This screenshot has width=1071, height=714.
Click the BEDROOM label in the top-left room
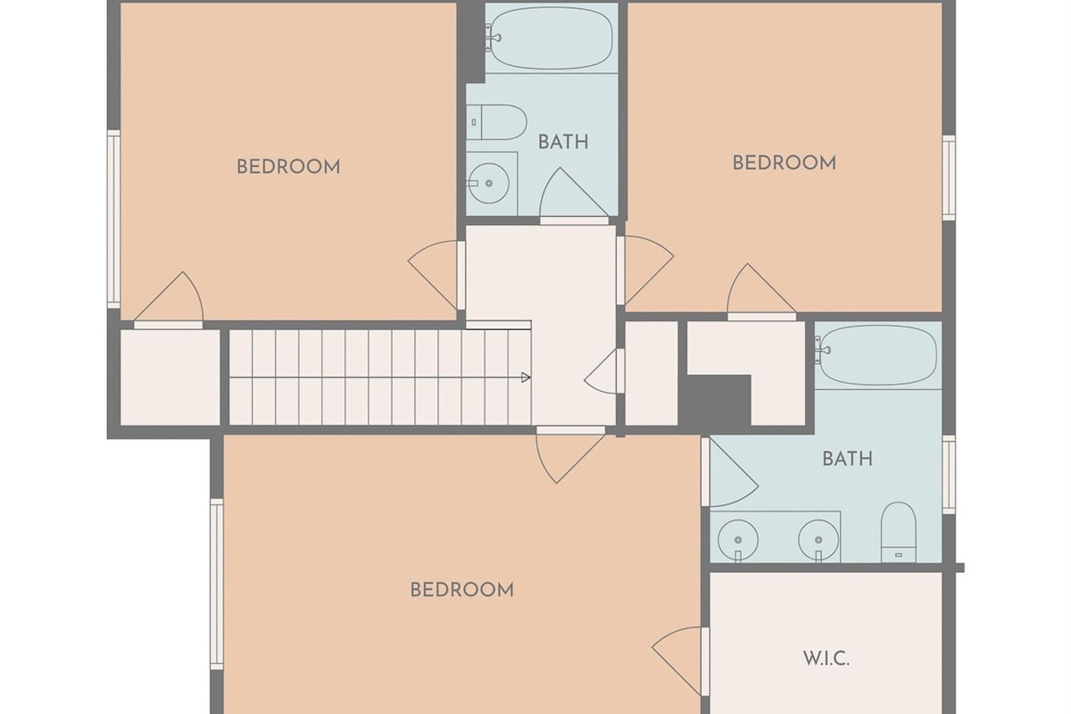pos(288,167)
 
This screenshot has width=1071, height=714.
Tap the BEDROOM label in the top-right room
pos(785,163)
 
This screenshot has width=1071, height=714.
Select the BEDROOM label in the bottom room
pos(462,590)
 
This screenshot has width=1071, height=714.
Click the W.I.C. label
pos(826,659)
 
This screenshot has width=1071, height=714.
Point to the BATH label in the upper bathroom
pos(563,142)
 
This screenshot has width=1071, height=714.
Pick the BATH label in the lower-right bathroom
pos(847,459)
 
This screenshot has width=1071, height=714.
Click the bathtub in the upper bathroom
pos(552,38)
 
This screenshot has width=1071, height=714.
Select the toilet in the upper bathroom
pos(496,122)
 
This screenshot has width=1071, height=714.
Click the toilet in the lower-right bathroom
pos(899,532)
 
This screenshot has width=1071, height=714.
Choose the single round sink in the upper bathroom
pos(488,183)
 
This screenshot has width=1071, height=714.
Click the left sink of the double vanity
pos(738,540)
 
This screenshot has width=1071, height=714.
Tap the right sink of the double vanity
pos(818,540)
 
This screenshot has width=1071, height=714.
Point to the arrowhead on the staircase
pos(526,378)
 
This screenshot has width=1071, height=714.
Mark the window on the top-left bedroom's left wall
pos(113,219)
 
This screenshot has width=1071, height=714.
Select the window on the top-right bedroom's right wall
pos(949,178)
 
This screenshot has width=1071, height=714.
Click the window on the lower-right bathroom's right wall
pos(949,475)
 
